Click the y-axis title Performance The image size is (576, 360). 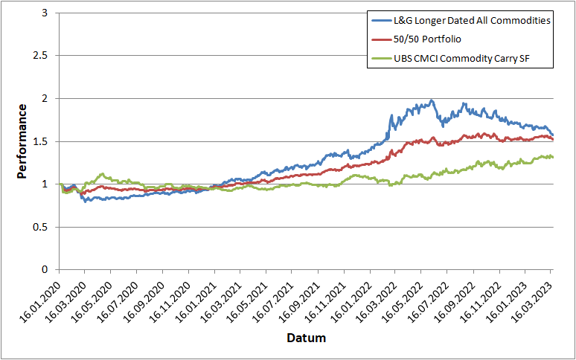point(22,141)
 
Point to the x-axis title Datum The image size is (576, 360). point(306,338)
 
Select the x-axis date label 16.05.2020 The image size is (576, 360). point(93,299)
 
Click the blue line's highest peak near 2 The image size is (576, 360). point(432,100)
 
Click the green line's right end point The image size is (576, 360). point(552,156)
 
